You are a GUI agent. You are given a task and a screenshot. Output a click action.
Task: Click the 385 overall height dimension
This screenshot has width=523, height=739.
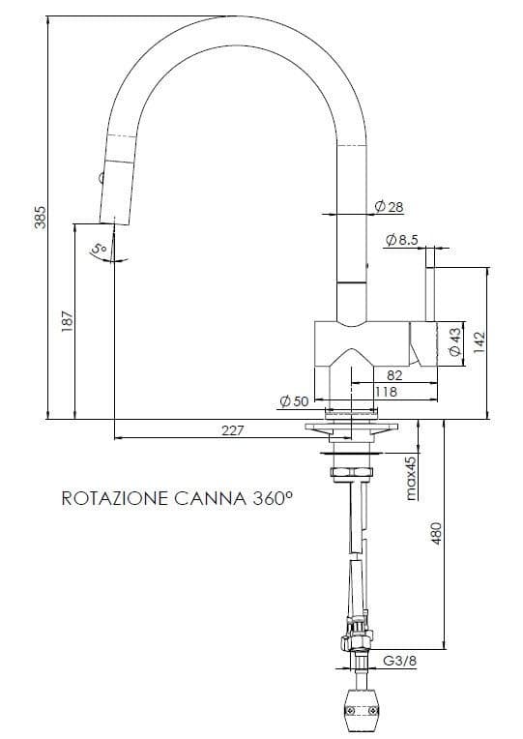(40, 218)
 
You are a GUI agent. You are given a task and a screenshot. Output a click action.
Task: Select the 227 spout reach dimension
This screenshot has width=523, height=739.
(232, 430)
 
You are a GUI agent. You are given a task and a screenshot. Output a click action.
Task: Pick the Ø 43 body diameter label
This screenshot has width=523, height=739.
(455, 342)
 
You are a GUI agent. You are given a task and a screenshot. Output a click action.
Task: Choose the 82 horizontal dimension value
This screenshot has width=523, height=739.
(393, 376)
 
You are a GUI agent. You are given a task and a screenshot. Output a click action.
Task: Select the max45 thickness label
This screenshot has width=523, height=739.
(411, 478)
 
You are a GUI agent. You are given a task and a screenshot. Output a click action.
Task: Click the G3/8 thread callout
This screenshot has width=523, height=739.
(400, 662)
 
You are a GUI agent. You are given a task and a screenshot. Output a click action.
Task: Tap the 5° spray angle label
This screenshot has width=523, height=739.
(98, 251)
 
